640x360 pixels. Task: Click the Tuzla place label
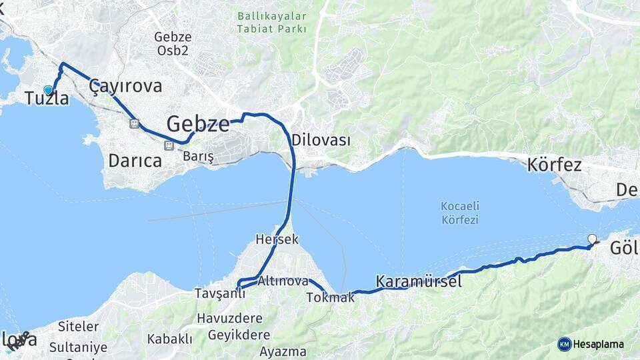pos(47,99)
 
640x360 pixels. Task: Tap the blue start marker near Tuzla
pos(48,90)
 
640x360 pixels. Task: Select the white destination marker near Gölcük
pos(591,239)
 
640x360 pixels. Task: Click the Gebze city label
pos(198,123)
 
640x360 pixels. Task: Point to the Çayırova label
pos(125,86)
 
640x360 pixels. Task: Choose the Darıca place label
pos(135,161)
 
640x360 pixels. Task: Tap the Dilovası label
pos(321,140)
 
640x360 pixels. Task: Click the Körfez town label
pos(554,165)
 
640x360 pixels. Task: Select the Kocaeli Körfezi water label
pos(459,213)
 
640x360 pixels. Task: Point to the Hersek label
pos(277,239)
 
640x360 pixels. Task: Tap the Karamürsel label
pos(419,281)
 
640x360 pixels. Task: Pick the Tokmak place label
pos(330,297)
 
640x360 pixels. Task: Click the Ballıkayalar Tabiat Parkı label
pos(272,22)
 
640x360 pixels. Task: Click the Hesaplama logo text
pos(598,344)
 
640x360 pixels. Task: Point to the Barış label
pos(198,156)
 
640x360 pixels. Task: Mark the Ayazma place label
pos(283,351)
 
